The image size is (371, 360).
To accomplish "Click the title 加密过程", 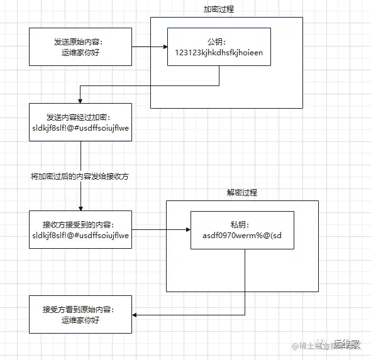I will [219, 10].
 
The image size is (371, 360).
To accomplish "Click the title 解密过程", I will [242, 193].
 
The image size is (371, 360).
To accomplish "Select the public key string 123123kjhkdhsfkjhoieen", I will [219, 53].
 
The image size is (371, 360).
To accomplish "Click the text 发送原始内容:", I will [80, 42].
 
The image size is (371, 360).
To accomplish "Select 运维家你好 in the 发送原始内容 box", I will [80, 53].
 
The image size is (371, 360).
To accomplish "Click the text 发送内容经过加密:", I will [80, 117].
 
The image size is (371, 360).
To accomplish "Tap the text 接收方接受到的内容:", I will [80, 225].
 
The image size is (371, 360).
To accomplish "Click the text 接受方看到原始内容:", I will [80, 310].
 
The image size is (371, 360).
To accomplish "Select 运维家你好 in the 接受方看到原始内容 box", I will [80, 320].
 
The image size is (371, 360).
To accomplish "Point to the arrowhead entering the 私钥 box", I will [187, 230].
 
